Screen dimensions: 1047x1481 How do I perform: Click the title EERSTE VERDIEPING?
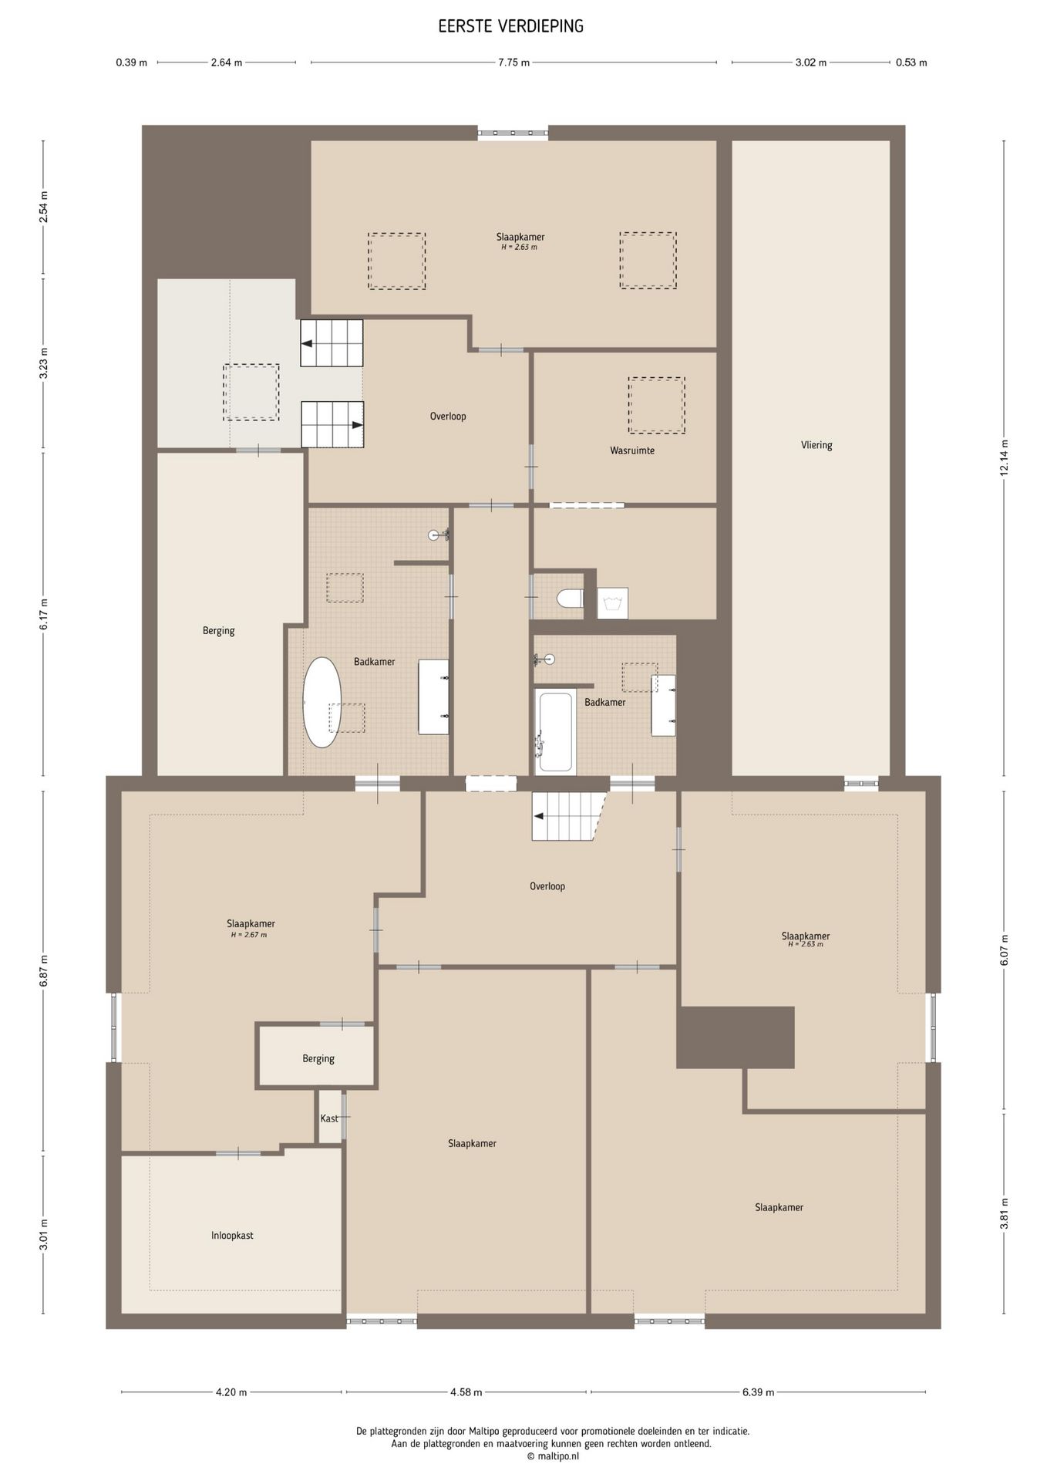tap(510, 27)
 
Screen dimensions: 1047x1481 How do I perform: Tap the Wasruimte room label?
tap(632, 450)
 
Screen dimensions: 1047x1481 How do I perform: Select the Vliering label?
tap(816, 445)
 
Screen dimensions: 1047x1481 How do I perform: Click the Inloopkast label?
tap(232, 1235)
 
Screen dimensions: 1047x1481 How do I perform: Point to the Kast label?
tap(329, 1118)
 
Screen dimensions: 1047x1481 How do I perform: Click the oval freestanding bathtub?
tap(322, 702)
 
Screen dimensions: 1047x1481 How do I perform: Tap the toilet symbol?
tap(571, 599)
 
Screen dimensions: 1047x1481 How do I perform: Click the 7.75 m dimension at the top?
tap(513, 62)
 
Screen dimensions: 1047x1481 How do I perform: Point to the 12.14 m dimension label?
tap(1004, 458)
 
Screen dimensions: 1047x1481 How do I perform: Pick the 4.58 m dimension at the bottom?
tap(466, 1392)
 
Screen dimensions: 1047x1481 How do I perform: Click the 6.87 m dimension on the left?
tap(44, 972)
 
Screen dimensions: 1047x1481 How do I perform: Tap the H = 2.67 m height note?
tap(249, 935)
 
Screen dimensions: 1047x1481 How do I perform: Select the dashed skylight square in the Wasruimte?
tap(656, 406)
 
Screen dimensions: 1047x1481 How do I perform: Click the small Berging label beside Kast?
tap(318, 1058)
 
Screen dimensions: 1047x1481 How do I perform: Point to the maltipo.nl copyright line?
tap(553, 1456)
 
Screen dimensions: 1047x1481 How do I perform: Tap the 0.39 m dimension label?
tap(132, 62)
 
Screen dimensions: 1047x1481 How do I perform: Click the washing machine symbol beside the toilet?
tap(613, 603)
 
